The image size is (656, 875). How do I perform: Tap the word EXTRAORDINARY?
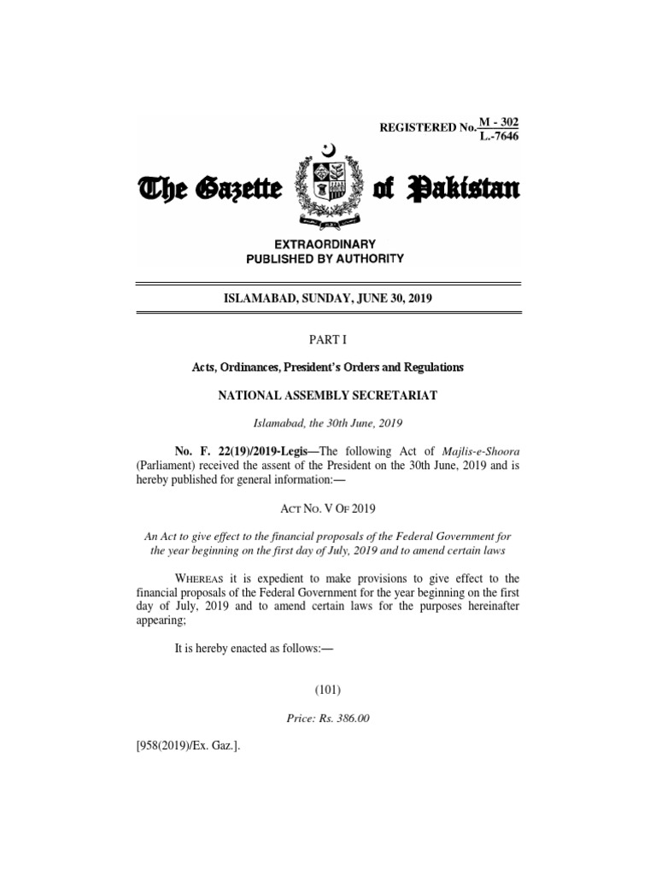click(328, 244)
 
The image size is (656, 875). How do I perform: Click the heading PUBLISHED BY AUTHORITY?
click(328, 258)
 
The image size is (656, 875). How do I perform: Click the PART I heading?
click(328, 339)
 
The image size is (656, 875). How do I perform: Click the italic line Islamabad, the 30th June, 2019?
click(328, 423)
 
